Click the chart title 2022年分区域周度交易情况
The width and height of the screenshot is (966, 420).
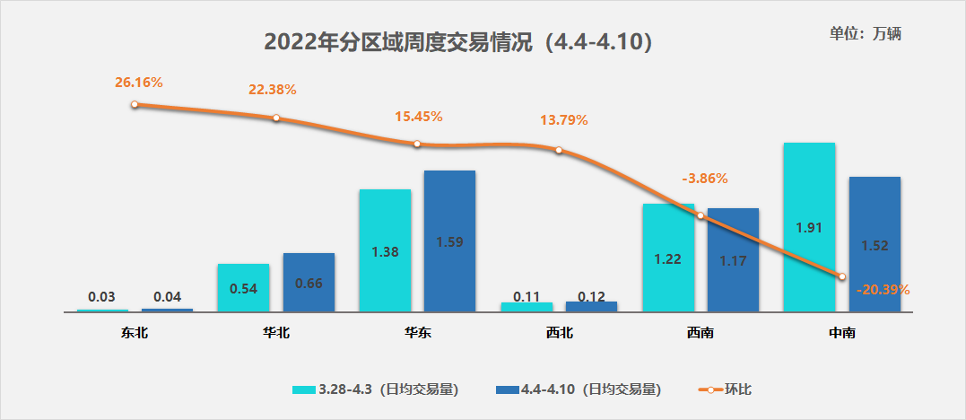coord(457,42)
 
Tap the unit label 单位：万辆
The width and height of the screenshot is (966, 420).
coord(865,33)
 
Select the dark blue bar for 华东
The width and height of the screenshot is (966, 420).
coord(449,241)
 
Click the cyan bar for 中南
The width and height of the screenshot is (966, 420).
coord(809,227)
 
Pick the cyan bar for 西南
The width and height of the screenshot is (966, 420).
coord(668,258)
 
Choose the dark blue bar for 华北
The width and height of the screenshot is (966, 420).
coord(309,282)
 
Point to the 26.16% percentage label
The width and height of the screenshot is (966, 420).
coord(138,83)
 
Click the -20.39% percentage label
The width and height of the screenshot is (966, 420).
coord(883,290)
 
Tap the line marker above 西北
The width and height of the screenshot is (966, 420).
coord(558,150)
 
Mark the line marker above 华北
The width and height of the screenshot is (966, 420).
coord(276,118)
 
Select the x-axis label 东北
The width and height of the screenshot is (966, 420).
coord(135,333)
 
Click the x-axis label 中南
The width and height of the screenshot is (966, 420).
coord(841,333)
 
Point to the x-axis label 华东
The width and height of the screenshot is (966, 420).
coord(417,333)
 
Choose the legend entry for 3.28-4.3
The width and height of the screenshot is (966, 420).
coord(376,389)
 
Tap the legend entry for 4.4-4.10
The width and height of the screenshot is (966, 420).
coord(578,389)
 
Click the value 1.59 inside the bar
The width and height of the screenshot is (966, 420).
coord(449,241)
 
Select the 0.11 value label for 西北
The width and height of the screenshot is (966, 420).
coord(527,296)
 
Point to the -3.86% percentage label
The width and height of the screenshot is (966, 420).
coord(704,178)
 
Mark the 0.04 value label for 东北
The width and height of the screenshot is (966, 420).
coord(167,297)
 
